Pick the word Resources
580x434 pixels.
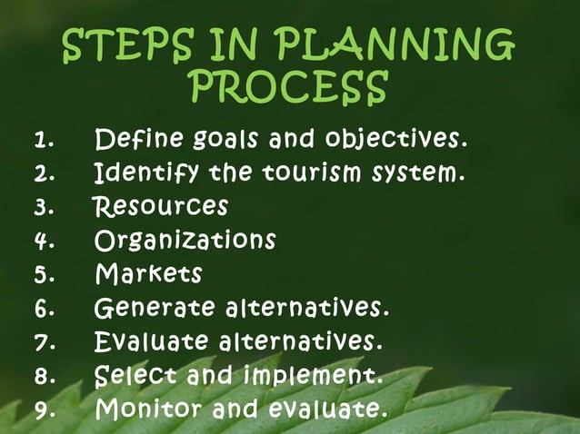click(161, 206)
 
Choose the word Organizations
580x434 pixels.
click(185, 240)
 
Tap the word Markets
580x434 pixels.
click(148, 273)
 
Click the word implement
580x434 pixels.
click(309, 376)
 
